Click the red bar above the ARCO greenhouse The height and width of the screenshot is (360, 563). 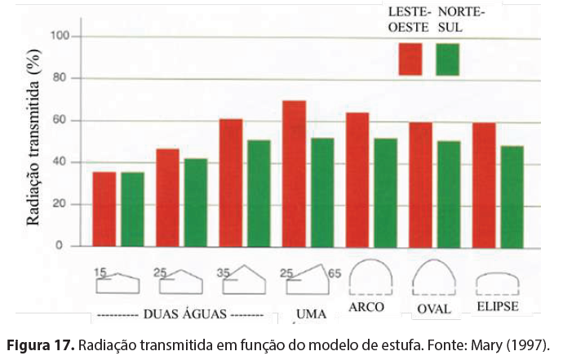357,180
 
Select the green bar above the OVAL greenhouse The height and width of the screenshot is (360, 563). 448,193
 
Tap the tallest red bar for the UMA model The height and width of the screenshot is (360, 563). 294,173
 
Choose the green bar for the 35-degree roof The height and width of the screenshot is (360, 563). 259,193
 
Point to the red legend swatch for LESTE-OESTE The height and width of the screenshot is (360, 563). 410,59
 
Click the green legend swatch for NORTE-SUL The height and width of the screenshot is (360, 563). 447,59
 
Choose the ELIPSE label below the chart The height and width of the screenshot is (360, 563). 496,308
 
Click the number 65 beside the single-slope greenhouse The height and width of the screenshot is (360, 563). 335,273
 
